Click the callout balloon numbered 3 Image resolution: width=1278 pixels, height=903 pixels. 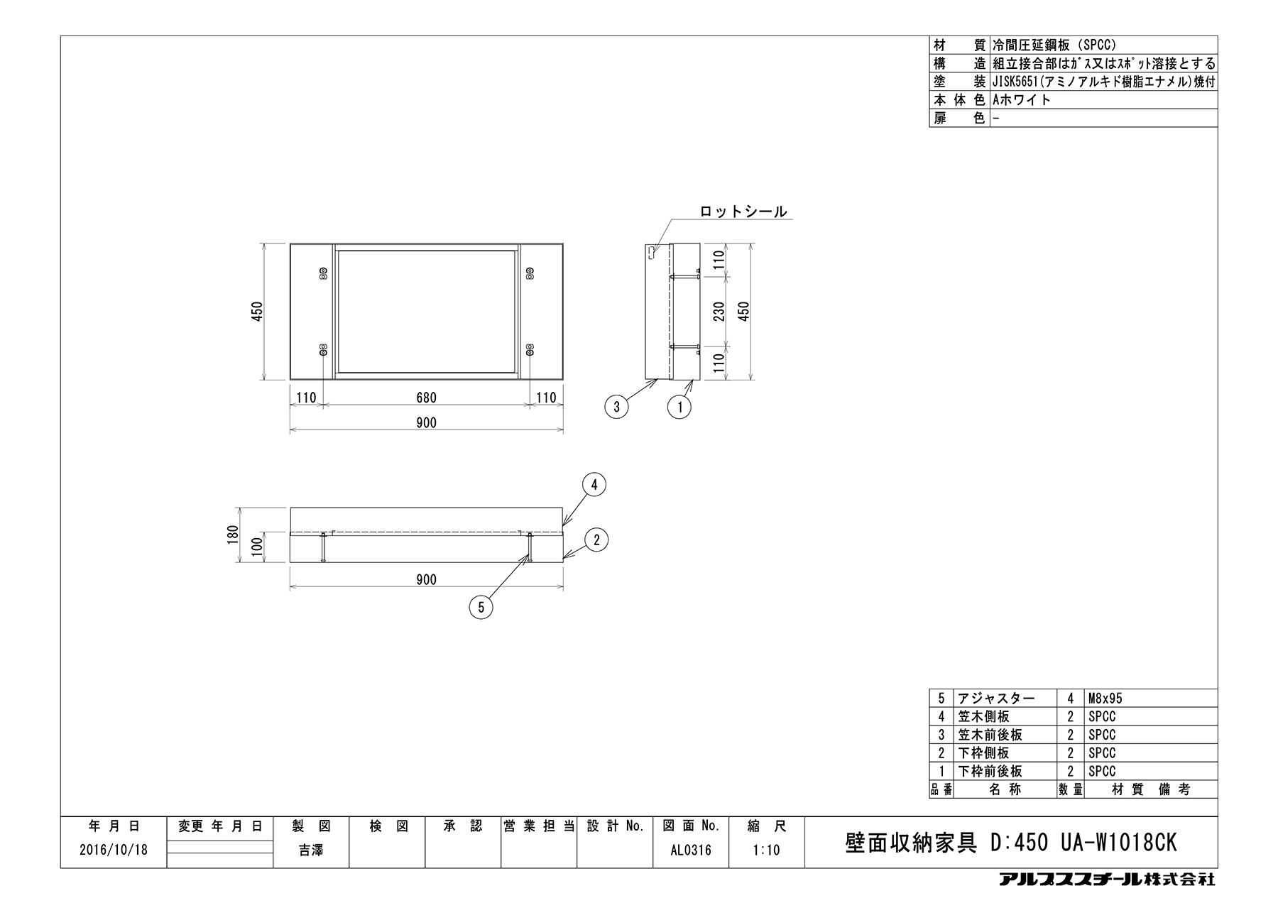click(x=617, y=407)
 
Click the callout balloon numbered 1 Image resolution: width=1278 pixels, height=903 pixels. click(x=680, y=407)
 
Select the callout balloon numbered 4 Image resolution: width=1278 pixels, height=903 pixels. click(x=594, y=485)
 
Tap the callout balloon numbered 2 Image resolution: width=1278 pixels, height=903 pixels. click(x=596, y=540)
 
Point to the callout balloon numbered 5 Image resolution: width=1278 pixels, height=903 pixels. click(x=481, y=607)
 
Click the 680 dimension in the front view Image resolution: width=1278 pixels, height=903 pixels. click(x=426, y=398)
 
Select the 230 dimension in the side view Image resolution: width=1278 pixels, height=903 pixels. click(x=719, y=312)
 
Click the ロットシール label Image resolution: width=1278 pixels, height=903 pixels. click(x=743, y=211)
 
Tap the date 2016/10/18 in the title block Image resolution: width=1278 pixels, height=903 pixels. click(x=114, y=850)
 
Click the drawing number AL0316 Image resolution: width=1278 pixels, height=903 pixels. click(x=690, y=850)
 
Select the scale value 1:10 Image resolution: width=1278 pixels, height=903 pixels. click(x=767, y=850)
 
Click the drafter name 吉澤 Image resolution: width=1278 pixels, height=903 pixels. click(x=311, y=850)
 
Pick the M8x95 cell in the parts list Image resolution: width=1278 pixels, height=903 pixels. click(x=1105, y=699)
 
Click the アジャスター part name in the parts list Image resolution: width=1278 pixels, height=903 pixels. click(x=997, y=699)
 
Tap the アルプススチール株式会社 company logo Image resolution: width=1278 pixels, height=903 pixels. click(x=1107, y=880)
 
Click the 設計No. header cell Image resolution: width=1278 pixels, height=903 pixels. click(x=615, y=826)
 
